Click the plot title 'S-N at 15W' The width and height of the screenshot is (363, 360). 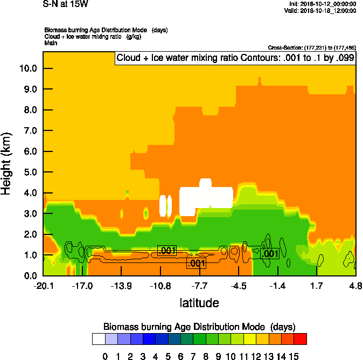tap(65, 4)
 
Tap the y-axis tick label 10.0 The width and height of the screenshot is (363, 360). tap(27, 68)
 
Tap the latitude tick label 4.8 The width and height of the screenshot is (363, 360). tap(355, 286)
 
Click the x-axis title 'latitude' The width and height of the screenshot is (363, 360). tap(199, 303)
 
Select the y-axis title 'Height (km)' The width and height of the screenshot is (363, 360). tap(7, 164)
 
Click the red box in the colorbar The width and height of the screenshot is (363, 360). tap(301, 339)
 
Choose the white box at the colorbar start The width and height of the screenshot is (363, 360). tap(98, 339)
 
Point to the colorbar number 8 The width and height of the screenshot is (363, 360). tap(206, 356)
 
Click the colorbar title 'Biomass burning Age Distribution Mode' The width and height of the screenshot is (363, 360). tap(185, 327)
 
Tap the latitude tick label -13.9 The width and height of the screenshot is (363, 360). tap(121, 286)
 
